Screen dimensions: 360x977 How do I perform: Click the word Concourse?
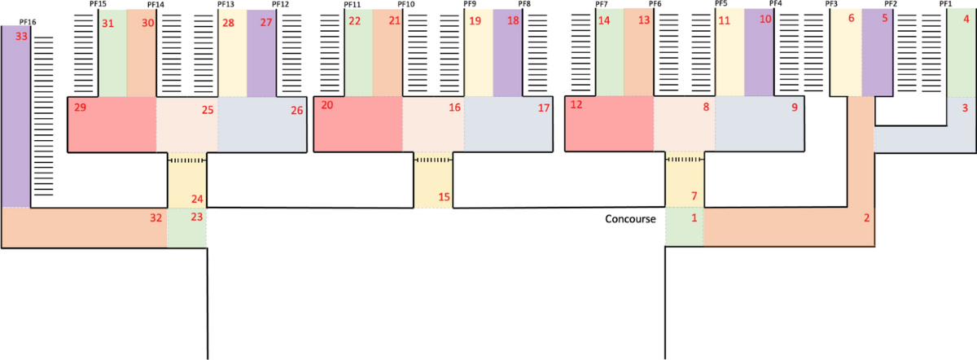[630, 218]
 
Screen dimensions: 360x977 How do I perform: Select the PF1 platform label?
[945, 4]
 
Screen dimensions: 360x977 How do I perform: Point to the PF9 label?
[470, 4]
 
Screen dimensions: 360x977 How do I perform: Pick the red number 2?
[867, 218]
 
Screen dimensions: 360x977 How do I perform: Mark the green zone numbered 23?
[187, 228]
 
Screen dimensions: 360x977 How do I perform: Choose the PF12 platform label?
[280, 4]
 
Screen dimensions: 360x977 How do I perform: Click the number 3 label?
[965, 108]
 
